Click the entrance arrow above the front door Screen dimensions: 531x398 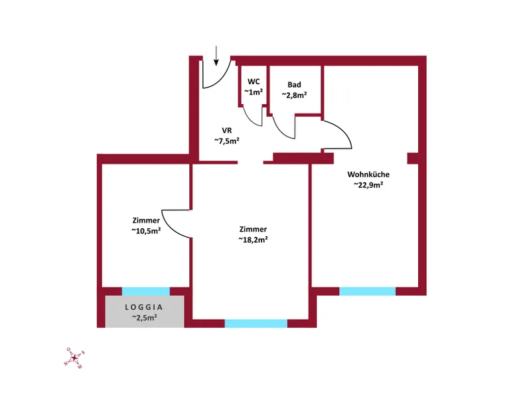(x=216, y=56)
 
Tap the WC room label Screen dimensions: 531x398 (x=254, y=82)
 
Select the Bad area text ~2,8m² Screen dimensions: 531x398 (x=294, y=95)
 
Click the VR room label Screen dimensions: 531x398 (x=227, y=130)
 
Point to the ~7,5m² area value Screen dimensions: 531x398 (x=227, y=141)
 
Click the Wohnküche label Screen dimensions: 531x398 (x=368, y=174)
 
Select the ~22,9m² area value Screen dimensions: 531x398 (x=368, y=185)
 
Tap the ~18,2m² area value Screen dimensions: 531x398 (x=253, y=239)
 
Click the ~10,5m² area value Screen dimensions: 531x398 (x=146, y=231)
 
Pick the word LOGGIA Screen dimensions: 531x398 (x=144, y=307)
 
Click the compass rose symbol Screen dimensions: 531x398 (x=74, y=358)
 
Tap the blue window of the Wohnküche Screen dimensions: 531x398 (x=368, y=291)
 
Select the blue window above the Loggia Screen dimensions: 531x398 (x=146, y=291)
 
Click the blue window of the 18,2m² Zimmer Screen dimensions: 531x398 (x=256, y=324)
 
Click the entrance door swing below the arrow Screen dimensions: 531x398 (x=222, y=79)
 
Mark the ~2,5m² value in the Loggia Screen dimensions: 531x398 (x=144, y=318)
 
